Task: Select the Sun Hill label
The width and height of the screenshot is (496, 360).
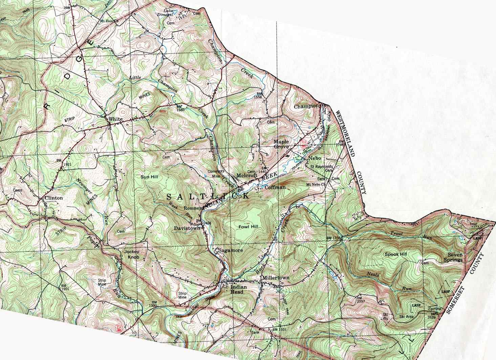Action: click(149, 176)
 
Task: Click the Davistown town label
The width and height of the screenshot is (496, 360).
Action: click(186, 228)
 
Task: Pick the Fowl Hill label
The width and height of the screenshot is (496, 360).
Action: click(248, 227)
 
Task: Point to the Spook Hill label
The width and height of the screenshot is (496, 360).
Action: click(396, 254)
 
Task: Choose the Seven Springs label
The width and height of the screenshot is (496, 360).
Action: click(455, 257)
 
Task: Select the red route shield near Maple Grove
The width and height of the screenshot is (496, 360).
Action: click(304, 143)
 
